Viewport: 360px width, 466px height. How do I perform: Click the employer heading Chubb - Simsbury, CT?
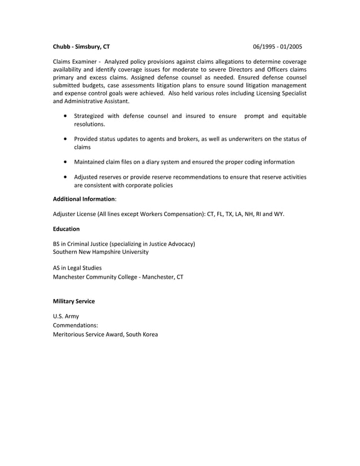[81, 46]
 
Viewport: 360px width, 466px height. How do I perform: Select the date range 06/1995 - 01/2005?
[278, 46]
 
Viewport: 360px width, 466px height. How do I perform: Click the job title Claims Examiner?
[74, 61]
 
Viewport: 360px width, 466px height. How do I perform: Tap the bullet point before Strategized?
[67, 116]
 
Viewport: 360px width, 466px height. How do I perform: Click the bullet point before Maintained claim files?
[67, 162]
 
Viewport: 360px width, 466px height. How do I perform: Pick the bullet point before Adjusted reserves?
[67, 177]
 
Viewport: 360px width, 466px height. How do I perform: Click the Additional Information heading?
[84, 199]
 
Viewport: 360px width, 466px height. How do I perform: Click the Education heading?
[66, 229]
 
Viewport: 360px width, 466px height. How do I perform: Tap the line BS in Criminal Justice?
[124, 244]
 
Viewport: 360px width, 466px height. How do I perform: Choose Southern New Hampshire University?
[100, 252]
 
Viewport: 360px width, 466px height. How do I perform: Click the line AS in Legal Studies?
[77, 268]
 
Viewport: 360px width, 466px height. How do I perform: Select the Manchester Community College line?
[117, 277]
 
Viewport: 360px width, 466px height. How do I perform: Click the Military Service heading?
[73, 302]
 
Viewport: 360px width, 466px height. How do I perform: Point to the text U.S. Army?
[65, 316]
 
